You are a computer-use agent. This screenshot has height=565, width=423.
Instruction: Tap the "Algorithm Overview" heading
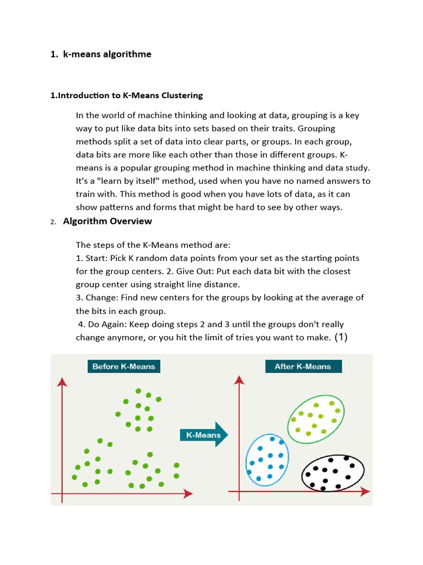coord(107,221)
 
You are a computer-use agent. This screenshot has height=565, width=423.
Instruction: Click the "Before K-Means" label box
coord(123,366)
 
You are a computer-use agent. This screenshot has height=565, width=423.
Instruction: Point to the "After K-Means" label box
coord(302,366)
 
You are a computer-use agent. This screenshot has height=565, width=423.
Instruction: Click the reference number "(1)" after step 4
coord(341,337)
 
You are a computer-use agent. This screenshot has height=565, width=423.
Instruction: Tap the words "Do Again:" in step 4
coord(107,324)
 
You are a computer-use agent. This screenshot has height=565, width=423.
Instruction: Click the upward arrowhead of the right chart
coord(239,380)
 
